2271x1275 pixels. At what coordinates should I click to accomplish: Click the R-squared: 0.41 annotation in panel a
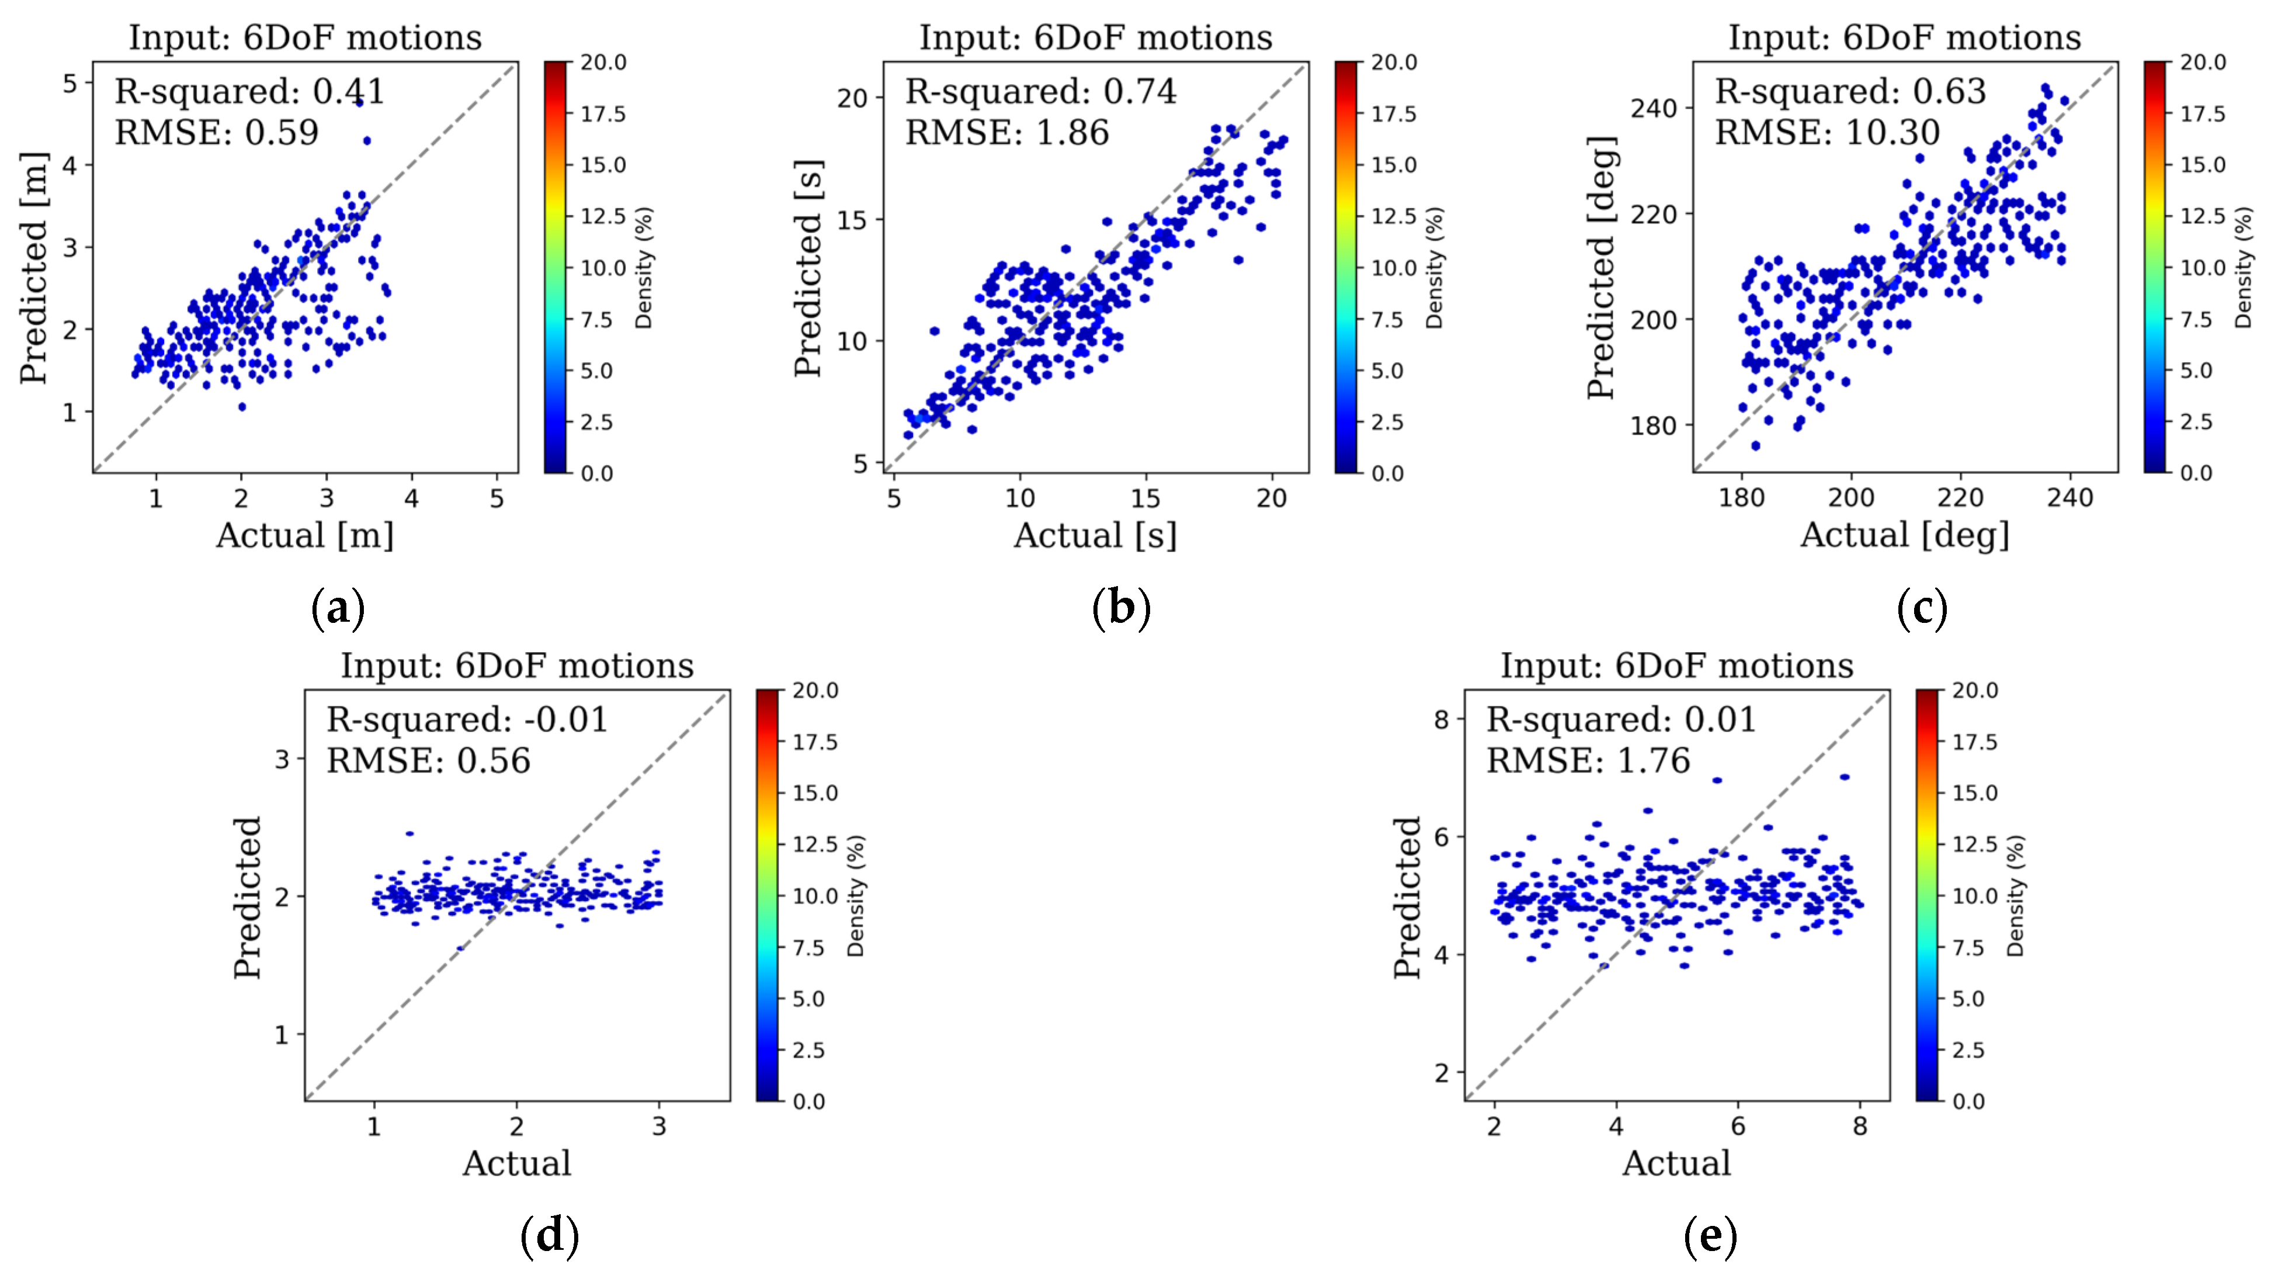point(249,92)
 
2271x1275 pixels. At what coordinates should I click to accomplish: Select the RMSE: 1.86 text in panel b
point(1007,133)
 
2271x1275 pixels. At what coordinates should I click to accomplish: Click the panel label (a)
point(338,608)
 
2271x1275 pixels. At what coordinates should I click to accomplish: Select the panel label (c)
point(1922,608)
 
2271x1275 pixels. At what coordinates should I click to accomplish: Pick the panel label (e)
point(1710,1236)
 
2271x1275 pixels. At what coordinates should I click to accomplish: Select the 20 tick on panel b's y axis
point(853,98)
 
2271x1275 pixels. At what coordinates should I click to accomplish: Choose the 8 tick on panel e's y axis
point(1440,719)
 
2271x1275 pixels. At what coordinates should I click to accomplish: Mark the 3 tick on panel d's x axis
point(658,1126)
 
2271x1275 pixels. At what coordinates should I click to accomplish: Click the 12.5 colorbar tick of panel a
point(603,216)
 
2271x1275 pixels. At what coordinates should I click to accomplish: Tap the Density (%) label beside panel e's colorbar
point(2015,896)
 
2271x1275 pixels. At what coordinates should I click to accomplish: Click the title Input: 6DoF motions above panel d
point(518,666)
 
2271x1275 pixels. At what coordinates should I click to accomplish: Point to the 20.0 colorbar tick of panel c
point(2202,63)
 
